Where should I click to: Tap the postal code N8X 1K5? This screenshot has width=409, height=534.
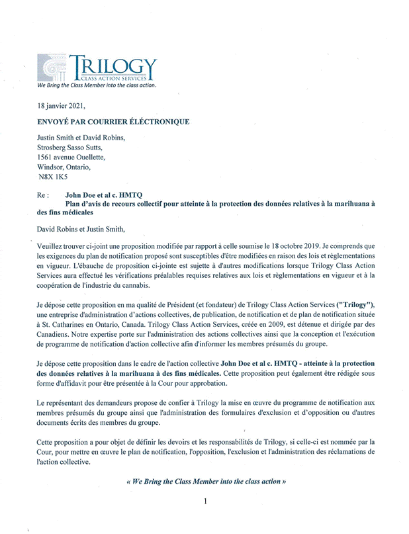[53, 178]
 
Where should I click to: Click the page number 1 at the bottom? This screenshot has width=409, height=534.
[205, 502]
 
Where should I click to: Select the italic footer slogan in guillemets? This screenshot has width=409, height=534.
[205, 481]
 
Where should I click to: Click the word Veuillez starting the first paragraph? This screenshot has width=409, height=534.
[51, 245]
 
